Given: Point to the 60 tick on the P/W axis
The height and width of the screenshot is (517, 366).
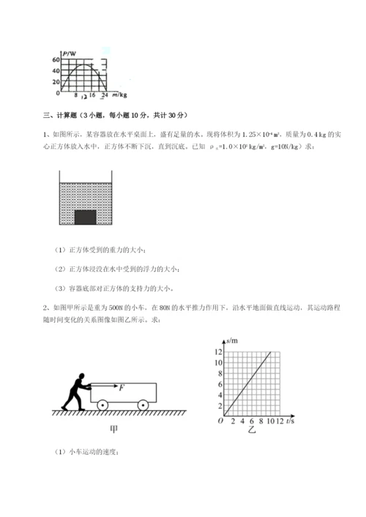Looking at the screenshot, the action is (56, 59).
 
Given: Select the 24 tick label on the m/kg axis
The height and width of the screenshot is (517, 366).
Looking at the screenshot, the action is (104, 95).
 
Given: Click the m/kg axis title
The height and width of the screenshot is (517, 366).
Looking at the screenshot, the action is (118, 95).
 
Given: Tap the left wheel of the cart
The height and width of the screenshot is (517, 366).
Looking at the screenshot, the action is (102, 405).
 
